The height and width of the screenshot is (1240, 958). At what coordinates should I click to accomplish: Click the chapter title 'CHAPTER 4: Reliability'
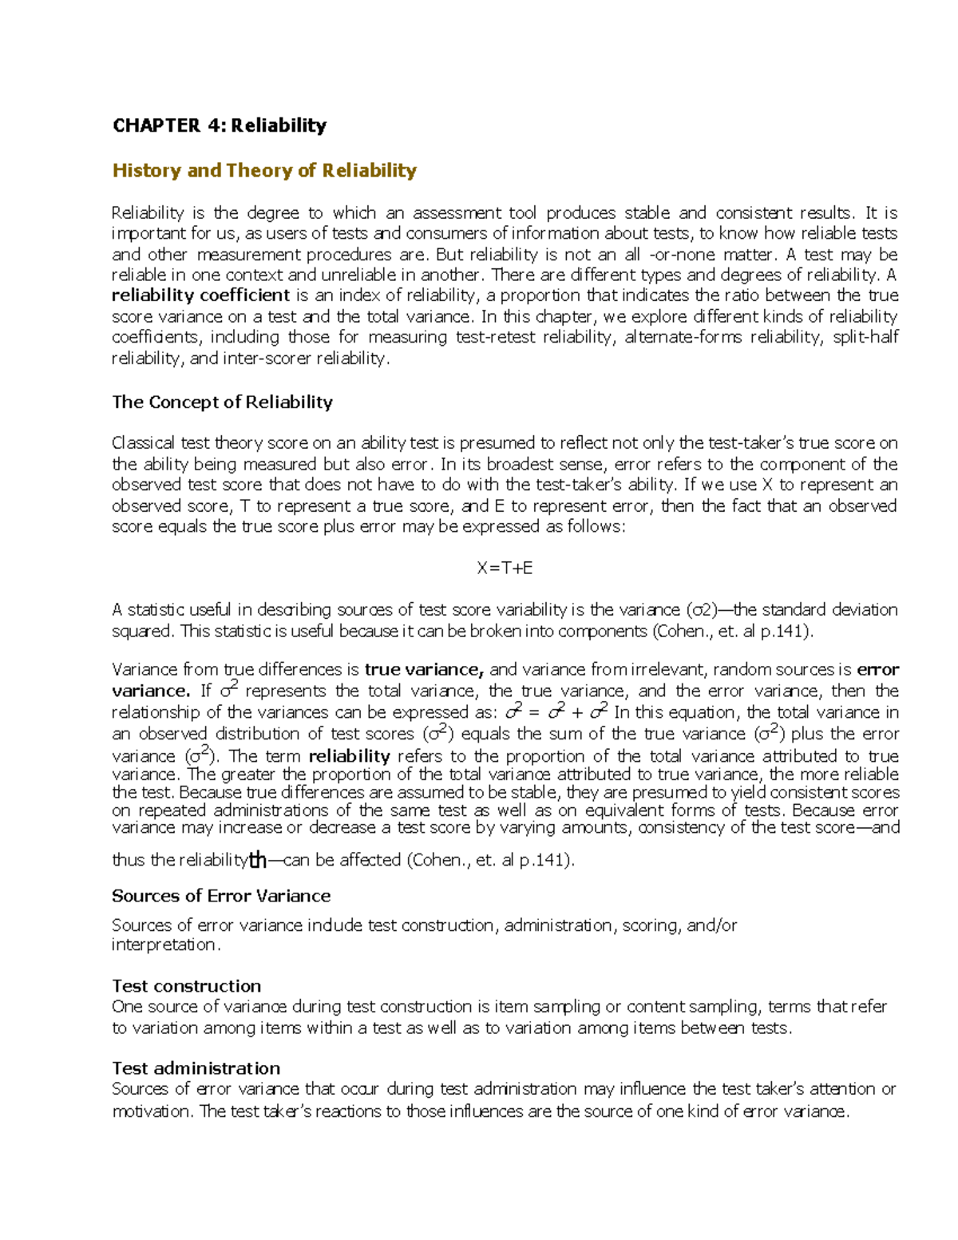coord(220,125)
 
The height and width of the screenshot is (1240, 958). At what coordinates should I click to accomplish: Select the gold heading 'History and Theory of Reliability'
coord(264,171)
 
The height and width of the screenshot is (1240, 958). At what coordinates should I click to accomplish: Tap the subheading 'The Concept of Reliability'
coord(222,402)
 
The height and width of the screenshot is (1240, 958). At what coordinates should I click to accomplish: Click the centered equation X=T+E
coord(505,568)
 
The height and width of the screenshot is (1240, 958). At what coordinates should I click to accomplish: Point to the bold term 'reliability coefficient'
coord(200,295)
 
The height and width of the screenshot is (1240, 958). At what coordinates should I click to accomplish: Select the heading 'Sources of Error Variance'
coord(221,896)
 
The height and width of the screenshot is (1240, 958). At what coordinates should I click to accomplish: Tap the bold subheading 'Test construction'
coord(186,986)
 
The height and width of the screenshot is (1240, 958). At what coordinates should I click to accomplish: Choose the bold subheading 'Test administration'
coord(196,1068)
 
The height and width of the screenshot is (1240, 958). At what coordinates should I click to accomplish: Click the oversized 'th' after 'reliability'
coord(257,860)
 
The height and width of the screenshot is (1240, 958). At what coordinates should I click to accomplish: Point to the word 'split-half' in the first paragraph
coord(865,338)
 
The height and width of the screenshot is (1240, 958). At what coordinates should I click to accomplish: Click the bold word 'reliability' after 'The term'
coord(349,756)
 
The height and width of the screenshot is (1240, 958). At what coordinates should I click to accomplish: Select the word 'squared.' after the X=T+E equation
coord(143,632)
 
